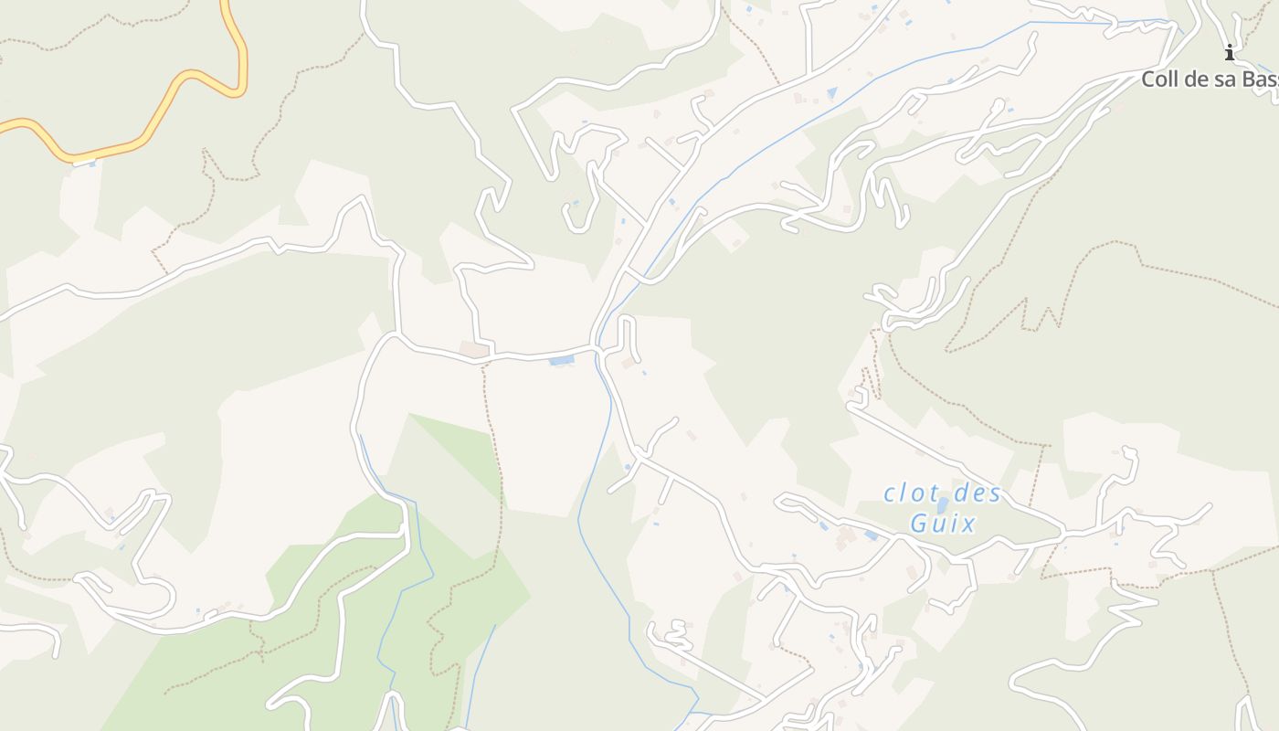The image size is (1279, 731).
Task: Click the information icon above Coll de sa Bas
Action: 1230,52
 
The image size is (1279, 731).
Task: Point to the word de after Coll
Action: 1197,79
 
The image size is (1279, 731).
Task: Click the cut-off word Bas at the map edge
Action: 1262,79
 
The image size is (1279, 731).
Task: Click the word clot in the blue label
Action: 910,493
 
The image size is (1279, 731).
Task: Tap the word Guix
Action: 944,524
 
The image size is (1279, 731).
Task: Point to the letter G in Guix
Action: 920,524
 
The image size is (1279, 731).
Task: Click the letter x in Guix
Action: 968,524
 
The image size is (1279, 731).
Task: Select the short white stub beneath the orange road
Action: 84,162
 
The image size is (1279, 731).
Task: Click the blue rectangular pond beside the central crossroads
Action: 562,361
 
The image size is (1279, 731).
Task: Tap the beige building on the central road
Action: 473,349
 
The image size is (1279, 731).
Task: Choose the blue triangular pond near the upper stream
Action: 831,92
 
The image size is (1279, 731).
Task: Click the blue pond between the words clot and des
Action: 942,504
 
